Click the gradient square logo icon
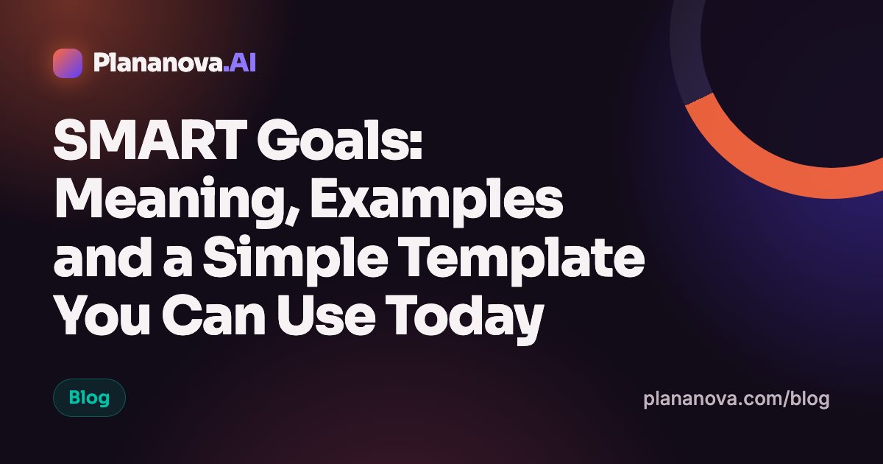[x=68, y=63]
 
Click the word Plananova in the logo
[x=158, y=63]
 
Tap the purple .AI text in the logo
[x=240, y=63]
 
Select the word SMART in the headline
[x=150, y=140]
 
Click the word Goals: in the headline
[x=340, y=140]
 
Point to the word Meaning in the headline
[x=178, y=200]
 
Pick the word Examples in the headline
[x=437, y=200]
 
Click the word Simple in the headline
[x=295, y=259]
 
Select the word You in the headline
[x=102, y=316]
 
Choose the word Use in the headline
[x=325, y=316]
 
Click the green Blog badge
[x=89, y=398]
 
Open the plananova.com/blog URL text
[x=737, y=399]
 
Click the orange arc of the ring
[x=749, y=158]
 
